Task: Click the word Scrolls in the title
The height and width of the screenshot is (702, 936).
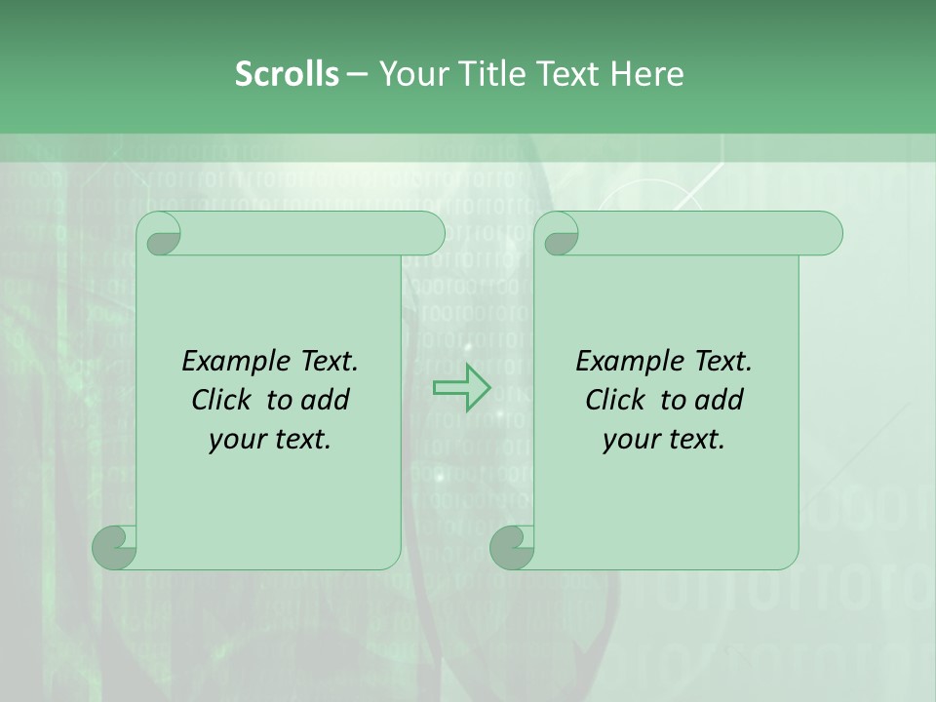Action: pos(287,74)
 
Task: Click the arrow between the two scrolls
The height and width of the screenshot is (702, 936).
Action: pos(461,387)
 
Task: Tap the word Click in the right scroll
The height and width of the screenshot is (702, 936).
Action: pos(615,400)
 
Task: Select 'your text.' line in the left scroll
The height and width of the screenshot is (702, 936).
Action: pos(270,439)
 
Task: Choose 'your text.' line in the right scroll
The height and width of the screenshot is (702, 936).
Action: pos(664,439)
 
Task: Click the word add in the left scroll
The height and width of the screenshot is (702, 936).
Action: pos(325,400)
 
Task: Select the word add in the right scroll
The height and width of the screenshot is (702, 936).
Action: pos(719,400)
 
